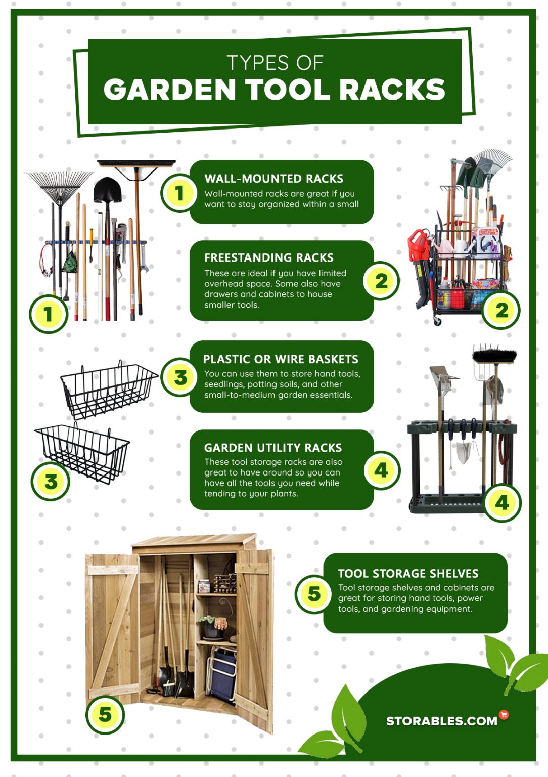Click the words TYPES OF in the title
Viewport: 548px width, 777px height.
[x=275, y=63]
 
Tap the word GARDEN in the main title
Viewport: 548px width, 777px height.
[x=170, y=90]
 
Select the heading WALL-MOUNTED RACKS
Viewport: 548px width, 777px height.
[x=273, y=179]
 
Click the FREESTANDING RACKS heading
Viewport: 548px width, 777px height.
[x=268, y=258]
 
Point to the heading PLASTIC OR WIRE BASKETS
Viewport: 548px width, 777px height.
[x=281, y=359]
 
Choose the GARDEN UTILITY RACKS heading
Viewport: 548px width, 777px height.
[x=273, y=448]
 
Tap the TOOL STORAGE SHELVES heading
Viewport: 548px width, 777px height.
[x=408, y=573]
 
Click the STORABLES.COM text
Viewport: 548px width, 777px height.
[x=441, y=721]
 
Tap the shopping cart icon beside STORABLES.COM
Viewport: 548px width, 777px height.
[x=504, y=715]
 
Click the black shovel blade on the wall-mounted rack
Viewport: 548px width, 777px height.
[x=107, y=190]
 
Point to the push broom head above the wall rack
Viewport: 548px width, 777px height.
[x=136, y=164]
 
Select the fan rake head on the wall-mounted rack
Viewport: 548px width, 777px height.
[x=60, y=185]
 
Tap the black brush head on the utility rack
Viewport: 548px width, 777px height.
[x=494, y=355]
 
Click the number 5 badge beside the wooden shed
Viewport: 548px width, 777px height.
[x=105, y=715]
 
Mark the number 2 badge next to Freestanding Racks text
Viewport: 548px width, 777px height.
[x=381, y=281]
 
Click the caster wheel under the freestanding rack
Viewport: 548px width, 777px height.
[x=437, y=322]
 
